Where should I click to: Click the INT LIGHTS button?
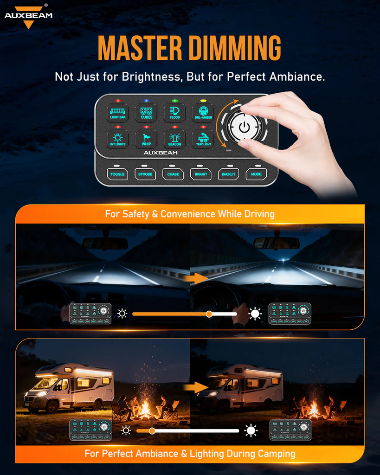118,139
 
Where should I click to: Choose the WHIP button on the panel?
147,139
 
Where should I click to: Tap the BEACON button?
174,139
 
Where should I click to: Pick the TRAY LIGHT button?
203,139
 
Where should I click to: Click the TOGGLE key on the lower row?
118,174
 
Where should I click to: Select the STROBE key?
145,174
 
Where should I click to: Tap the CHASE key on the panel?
173,174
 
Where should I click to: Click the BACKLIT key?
229,174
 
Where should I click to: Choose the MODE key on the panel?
257,174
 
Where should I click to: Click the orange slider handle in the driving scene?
209,314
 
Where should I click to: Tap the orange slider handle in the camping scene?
152,431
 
